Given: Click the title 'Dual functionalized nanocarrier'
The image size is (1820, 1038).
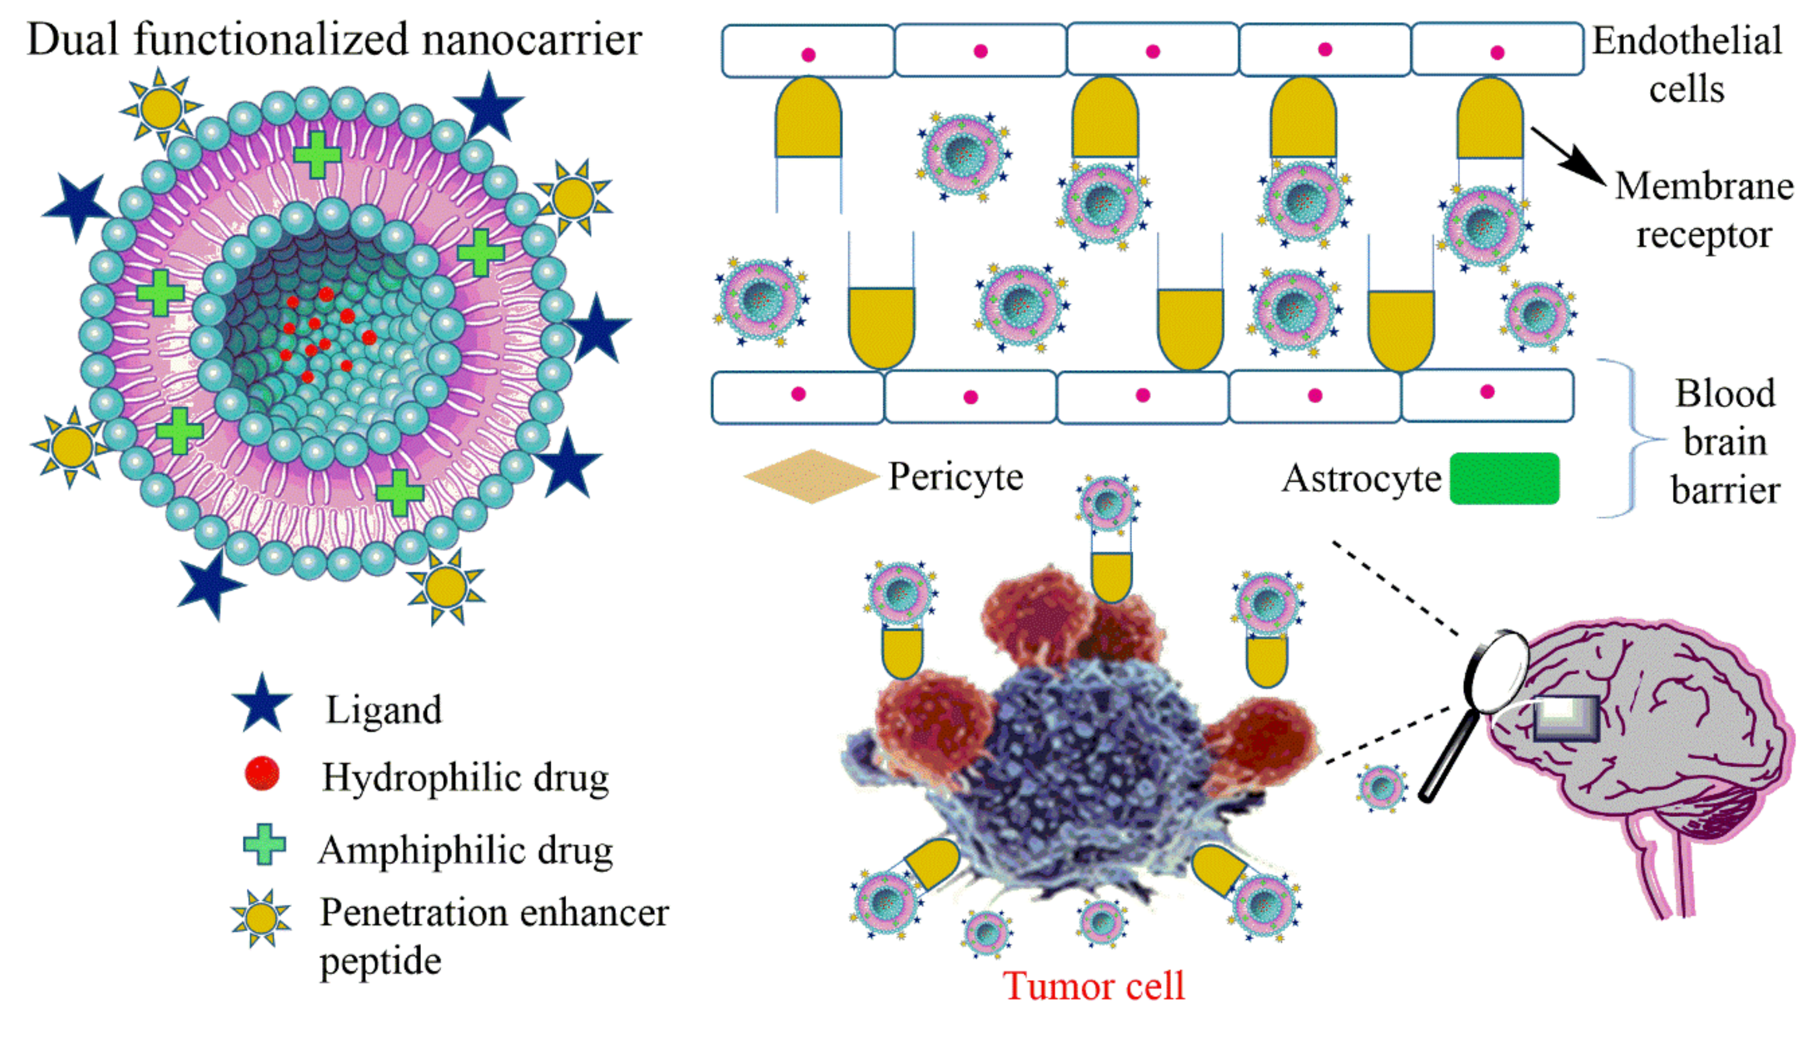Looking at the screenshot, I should click(x=334, y=39).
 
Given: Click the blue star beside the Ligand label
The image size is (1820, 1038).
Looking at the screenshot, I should click(x=262, y=704).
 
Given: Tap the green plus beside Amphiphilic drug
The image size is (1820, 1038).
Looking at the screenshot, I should click(x=264, y=845).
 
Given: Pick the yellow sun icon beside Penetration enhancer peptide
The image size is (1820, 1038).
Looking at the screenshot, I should click(x=261, y=918).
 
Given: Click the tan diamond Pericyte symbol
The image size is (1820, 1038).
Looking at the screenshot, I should click(x=811, y=476).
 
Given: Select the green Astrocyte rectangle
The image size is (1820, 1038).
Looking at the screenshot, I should click(x=1504, y=478).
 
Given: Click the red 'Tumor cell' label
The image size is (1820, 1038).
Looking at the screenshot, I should click(x=1093, y=986).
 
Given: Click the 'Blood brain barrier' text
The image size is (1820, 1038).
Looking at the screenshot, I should click(x=1725, y=442).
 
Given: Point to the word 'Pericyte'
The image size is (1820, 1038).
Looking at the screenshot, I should click(x=955, y=476).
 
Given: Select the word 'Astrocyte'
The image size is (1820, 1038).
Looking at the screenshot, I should click(x=1361, y=478).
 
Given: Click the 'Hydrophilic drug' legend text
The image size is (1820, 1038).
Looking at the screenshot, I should click(x=465, y=777).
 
